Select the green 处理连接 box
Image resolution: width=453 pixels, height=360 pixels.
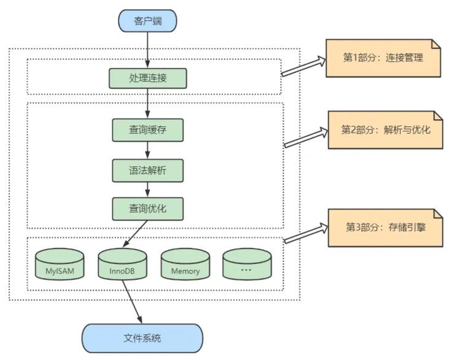147,79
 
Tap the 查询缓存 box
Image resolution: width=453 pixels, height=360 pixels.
147,131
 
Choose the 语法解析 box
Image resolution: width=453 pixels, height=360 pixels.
147,170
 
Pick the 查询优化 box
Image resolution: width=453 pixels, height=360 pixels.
147,209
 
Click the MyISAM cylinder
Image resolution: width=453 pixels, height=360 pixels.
59,265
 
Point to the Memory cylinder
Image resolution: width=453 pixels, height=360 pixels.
185,265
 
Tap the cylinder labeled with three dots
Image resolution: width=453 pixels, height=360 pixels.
247,265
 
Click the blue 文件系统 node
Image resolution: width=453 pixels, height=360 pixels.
142,338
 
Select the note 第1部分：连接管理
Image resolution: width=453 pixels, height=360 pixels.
383,58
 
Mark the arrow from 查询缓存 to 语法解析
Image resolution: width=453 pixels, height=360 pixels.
147,151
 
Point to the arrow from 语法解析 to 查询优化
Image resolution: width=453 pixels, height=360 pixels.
147,190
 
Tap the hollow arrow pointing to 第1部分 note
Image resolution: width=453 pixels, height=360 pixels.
303,66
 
